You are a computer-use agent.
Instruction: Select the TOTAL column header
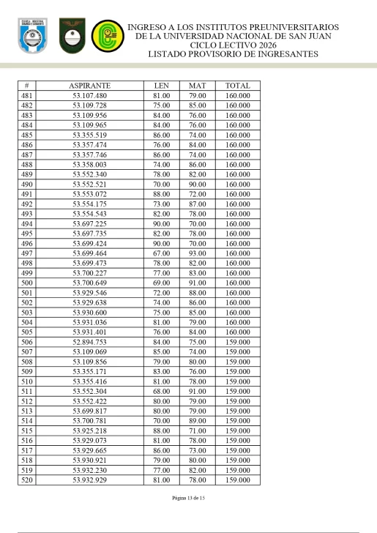(238, 86)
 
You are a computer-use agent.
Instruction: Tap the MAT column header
(197, 86)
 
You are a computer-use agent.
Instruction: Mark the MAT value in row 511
(197, 391)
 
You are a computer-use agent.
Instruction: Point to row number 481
(26, 96)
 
